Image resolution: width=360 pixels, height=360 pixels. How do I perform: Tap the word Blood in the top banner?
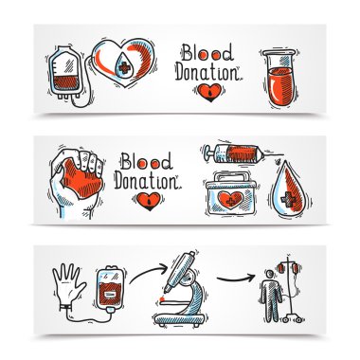pos(207,54)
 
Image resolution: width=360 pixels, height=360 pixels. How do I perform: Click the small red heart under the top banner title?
pos(207,93)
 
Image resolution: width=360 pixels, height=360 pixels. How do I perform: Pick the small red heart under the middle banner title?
pos(149,202)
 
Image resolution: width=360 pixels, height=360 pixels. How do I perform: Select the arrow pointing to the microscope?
pos(147,272)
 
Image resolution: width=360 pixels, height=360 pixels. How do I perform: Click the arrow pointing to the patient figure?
pos(235,278)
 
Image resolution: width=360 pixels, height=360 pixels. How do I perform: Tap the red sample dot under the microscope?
pos(163,298)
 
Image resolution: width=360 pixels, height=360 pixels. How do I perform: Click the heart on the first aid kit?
pos(231,200)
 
